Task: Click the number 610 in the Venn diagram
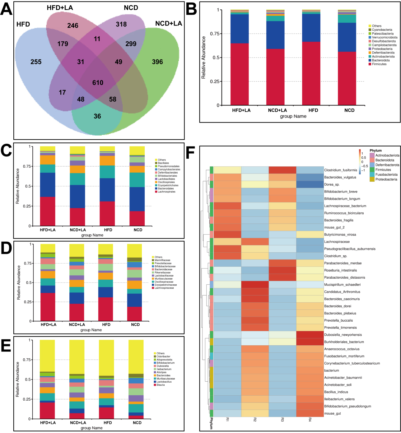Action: coord(98,83)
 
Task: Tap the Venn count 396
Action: coord(157,62)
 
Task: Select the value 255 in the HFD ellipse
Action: coord(36,62)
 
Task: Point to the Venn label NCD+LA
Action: coord(168,24)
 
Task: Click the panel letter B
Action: coord(191,9)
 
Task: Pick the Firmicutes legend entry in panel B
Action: coord(379,64)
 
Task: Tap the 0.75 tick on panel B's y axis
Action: coord(215,34)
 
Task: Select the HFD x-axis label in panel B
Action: coord(313,110)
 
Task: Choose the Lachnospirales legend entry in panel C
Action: coord(166,192)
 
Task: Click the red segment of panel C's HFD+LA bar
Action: coord(48,212)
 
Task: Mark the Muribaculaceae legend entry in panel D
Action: coord(163,279)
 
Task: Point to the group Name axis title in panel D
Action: coord(91,330)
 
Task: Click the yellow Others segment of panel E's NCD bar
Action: coord(136,356)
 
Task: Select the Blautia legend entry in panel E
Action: coord(161,385)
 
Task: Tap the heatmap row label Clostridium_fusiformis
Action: coord(341,170)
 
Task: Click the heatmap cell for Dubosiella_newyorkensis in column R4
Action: coord(310,335)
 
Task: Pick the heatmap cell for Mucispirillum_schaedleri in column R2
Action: coord(255,285)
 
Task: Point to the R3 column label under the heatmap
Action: coord(282,420)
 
